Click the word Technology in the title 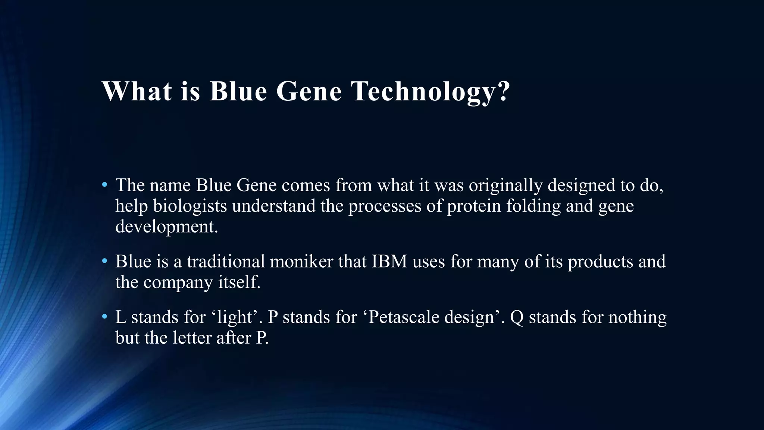(423, 91)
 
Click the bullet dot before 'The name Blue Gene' (105, 185)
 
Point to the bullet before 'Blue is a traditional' (105, 261)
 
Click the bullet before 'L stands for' (105, 317)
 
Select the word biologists (190, 206)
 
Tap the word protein (474, 206)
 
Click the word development (166, 227)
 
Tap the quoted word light (235, 317)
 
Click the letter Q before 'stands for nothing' (517, 317)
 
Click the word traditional (226, 261)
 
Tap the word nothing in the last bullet (638, 317)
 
